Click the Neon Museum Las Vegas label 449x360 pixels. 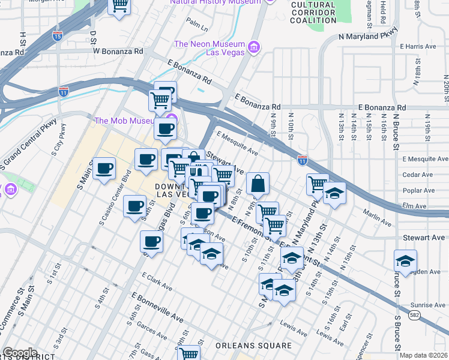[209, 48]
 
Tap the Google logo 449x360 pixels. [20, 353]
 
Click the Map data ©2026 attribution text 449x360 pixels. [423, 355]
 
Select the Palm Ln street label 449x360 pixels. [196, 25]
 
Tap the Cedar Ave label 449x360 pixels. [418, 175]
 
